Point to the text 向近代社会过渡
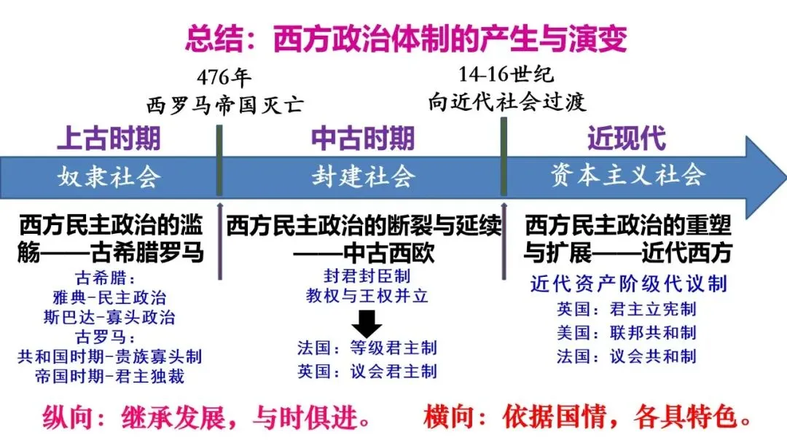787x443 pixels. (x=507, y=101)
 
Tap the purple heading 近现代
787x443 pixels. (x=626, y=138)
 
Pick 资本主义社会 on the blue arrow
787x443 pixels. (x=628, y=176)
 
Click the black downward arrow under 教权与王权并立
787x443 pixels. (x=367, y=321)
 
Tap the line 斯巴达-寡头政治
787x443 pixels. (x=109, y=318)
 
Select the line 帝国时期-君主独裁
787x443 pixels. (x=109, y=377)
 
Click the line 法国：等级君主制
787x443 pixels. (x=367, y=348)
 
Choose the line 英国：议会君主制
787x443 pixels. (x=367, y=371)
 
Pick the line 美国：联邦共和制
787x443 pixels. (x=627, y=332)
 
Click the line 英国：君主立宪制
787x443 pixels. (x=627, y=309)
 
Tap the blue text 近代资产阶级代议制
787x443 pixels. (x=628, y=283)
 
